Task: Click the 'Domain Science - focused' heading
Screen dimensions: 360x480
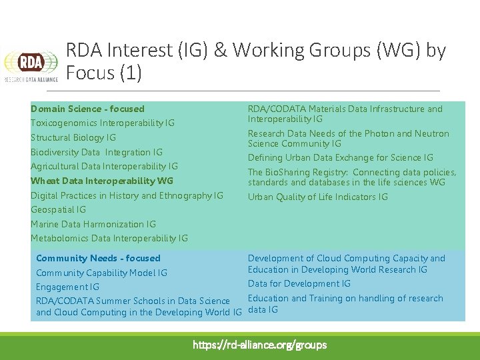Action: point(87,109)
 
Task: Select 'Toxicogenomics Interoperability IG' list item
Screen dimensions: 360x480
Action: point(103,123)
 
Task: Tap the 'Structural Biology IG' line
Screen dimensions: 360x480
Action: point(73,137)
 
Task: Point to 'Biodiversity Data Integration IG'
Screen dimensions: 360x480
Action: point(97,152)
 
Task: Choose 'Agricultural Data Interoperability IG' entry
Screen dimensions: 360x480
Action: point(104,166)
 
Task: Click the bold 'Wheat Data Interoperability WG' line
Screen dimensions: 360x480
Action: point(102,181)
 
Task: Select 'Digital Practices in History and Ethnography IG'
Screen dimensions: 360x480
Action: point(127,195)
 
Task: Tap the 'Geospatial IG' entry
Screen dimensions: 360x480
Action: point(58,209)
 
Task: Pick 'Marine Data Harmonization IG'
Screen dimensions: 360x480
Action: point(93,224)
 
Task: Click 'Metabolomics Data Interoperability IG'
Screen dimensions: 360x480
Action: point(109,238)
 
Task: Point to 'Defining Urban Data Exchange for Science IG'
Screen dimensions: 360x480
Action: point(341,157)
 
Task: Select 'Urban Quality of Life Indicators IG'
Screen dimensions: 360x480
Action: point(317,197)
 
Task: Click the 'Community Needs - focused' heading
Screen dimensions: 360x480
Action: point(98,258)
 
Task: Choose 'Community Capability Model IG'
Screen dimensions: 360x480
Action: point(101,273)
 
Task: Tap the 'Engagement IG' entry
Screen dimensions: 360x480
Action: point(67,287)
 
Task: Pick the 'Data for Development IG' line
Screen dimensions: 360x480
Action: point(299,283)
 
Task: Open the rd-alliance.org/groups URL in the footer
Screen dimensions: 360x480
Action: point(259,345)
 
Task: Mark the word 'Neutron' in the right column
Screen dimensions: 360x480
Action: point(431,133)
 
